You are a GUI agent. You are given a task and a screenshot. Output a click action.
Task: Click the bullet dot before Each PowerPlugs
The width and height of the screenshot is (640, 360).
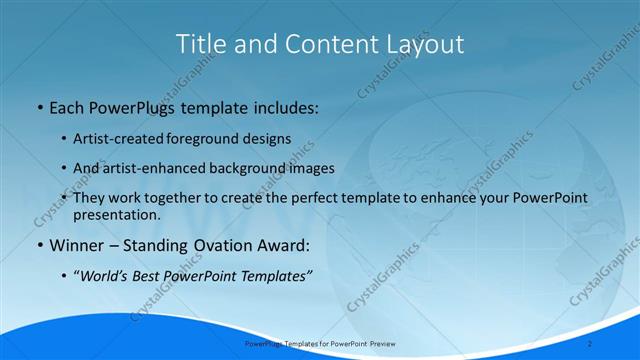(x=38, y=106)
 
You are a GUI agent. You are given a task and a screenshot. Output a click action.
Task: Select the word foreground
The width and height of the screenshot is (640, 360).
(x=202, y=138)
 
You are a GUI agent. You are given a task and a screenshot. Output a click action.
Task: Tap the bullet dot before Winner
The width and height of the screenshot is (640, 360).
(x=38, y=246)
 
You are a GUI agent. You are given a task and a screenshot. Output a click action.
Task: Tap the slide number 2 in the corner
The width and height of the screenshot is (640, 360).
(x=618, y=343)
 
